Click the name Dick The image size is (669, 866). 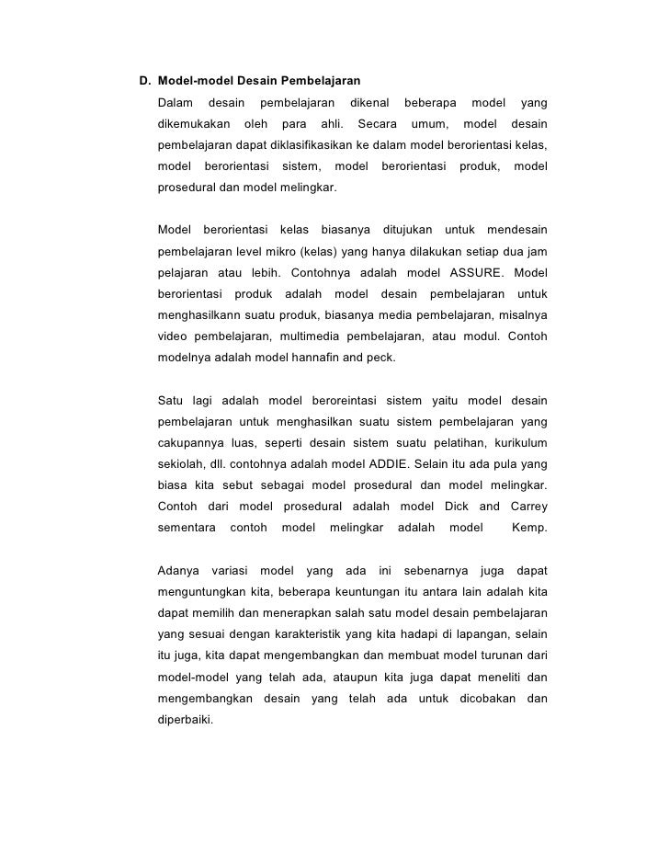click(x=457, y=506)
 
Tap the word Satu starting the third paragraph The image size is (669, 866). click(x=171, y=400)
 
